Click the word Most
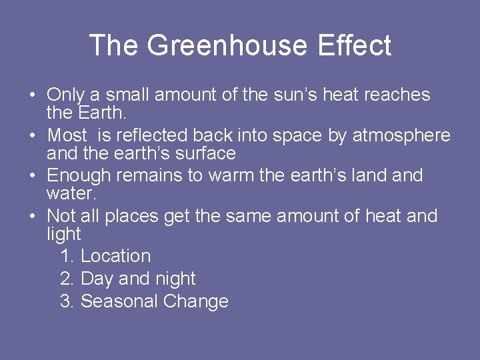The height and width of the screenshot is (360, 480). tap(67, 135)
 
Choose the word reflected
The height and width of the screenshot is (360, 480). tap(152, 135)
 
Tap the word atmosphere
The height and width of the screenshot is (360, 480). tap(401, 135)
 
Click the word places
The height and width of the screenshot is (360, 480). tap(133, 216)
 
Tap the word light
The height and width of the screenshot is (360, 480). tap(63, 234)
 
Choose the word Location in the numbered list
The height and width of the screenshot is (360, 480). tap(115, 256)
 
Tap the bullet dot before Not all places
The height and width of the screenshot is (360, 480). tap(32, 217)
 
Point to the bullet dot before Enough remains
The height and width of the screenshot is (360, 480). tap(32, 176)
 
